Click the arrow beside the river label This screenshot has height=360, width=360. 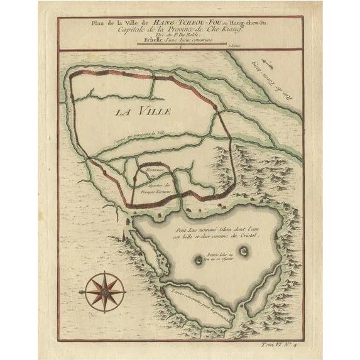(x=268, y=63)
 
